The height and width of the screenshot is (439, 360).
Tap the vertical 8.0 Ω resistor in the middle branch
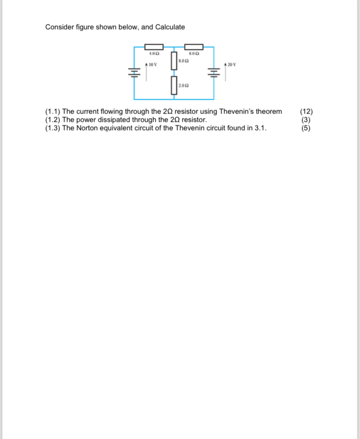click(174, 60)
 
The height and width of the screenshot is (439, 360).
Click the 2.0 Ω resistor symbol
click(174, 85)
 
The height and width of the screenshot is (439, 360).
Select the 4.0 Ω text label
click(153, 54)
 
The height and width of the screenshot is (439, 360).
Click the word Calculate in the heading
click(170, 27)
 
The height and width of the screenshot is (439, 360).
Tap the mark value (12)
click(306, 111)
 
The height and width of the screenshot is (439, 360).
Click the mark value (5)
click(306, 128)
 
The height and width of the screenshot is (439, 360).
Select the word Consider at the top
click(59, 27)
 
